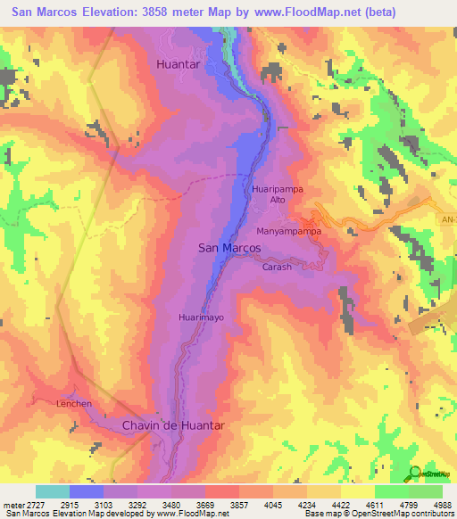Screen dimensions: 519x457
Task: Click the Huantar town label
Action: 179,64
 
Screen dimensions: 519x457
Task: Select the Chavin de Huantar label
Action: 172,425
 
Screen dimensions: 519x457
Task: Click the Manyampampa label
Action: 288,231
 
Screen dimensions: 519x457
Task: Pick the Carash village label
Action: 277,267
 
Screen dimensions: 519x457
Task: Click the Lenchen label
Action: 75,404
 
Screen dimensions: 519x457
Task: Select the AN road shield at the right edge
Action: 448,218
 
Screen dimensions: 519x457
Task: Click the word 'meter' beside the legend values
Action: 12,504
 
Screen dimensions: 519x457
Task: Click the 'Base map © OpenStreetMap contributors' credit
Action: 381,514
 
